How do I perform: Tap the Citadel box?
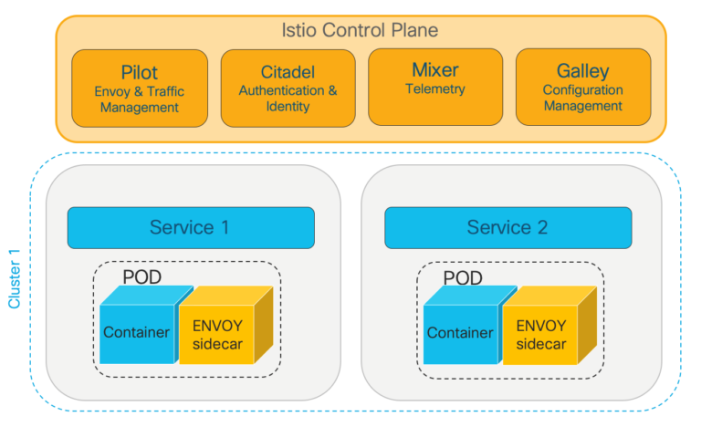[288, 88]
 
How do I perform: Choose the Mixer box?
[435, 88]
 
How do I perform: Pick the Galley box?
[582, 88]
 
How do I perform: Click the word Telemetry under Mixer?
[435, 89]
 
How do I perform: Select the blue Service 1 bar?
[190, 227]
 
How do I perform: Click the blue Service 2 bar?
[507, 227]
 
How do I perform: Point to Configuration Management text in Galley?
[582, 99]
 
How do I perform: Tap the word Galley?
[582, 71]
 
